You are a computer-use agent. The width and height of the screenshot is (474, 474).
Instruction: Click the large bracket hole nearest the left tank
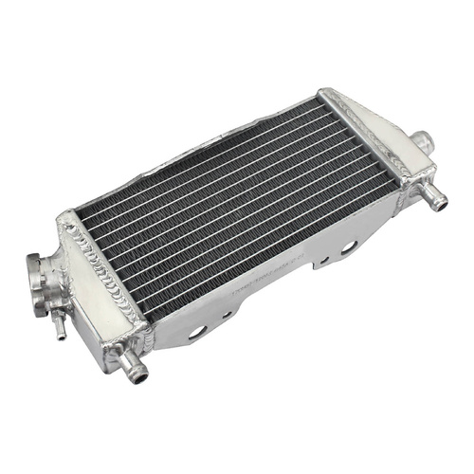198,332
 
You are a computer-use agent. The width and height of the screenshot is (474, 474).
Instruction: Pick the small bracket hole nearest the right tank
324,258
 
